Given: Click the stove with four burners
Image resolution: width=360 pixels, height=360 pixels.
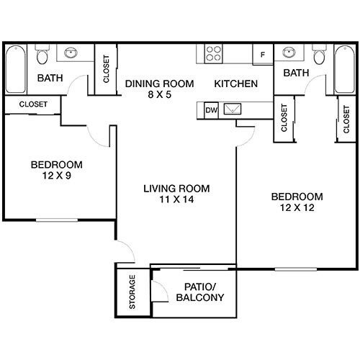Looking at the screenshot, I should point(214,54).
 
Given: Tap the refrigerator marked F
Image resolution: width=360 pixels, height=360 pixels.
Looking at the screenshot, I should point(262,55).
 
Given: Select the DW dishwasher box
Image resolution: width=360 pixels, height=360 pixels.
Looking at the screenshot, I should point(211,110).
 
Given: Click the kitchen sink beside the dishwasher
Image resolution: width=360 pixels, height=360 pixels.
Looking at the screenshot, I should point(234,110).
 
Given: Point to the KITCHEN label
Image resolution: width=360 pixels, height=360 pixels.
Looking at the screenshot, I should point(235,84).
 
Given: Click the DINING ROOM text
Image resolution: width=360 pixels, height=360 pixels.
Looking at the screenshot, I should point(159,84).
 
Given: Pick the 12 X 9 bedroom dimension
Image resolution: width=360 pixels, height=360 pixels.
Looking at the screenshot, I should point(56,176).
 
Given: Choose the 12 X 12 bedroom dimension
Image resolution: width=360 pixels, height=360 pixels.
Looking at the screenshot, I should point(297,208).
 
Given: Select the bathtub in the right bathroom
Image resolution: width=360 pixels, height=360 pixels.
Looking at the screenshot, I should point(345,68).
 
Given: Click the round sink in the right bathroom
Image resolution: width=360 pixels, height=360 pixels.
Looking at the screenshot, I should point(289,53).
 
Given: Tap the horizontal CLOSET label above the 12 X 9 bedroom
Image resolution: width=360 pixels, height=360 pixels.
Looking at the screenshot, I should point(33,104).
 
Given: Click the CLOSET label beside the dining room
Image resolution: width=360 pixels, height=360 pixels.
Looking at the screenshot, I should point(107,71).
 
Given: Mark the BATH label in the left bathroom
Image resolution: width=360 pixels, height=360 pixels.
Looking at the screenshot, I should point(49,78).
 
